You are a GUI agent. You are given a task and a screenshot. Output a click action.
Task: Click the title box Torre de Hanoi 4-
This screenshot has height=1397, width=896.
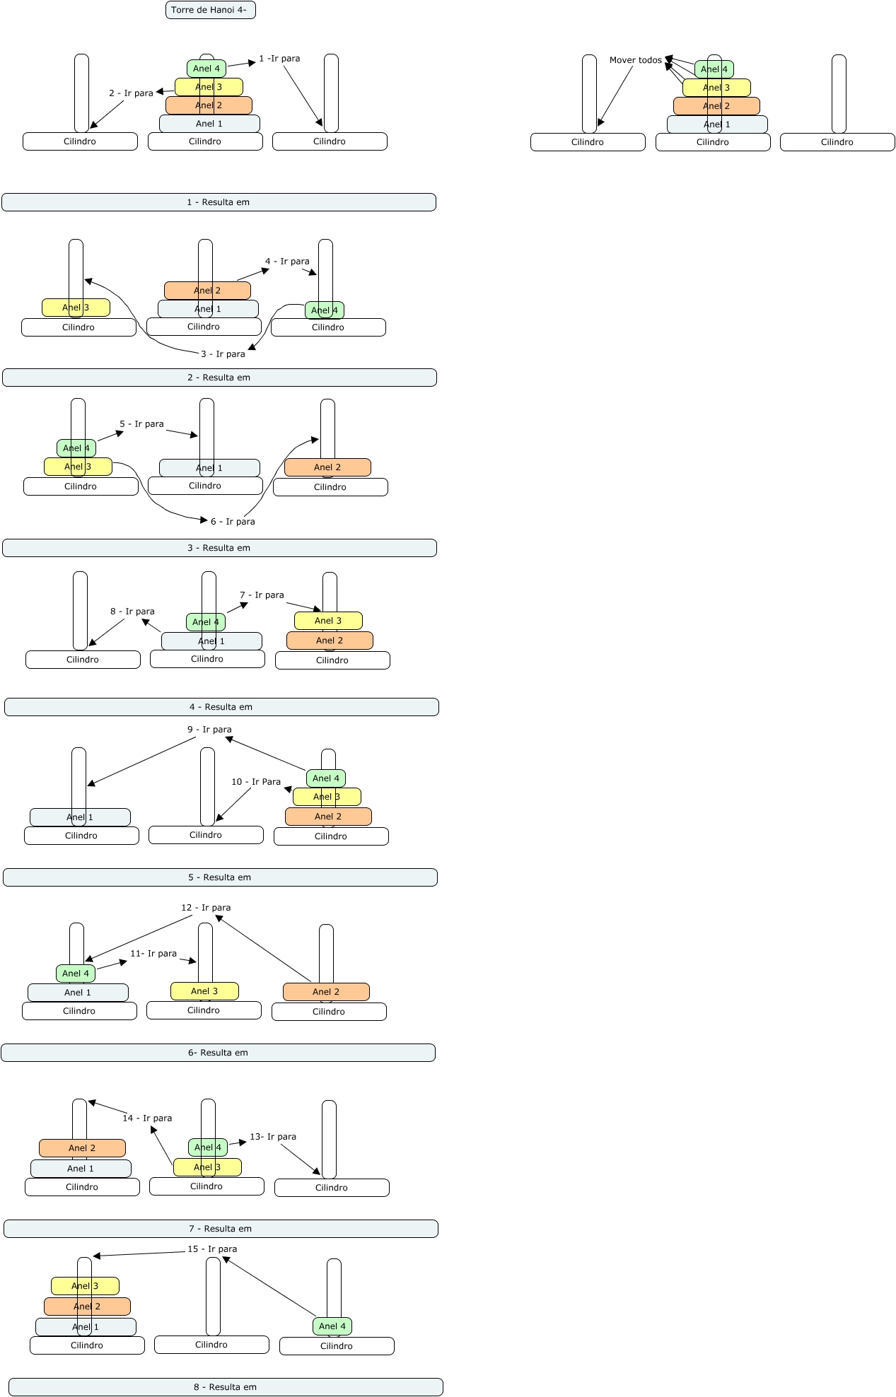click(x=210, y=10)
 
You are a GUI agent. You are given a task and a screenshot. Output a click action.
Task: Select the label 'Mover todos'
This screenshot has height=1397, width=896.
click(x=635, y=60)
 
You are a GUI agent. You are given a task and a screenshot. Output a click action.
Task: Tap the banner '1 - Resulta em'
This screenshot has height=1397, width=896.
click(x=219, y=202)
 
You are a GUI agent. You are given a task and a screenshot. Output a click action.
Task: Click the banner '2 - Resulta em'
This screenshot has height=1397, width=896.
click(x=219, y=378)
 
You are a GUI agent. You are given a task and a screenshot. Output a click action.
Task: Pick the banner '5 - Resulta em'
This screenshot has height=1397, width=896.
click(x=220, y=877)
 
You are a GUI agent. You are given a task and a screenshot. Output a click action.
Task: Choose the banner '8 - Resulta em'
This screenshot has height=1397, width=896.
click(x=226, y=1387)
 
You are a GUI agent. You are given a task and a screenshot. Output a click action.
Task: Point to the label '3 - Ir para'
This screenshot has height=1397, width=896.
click(x=223, y=354)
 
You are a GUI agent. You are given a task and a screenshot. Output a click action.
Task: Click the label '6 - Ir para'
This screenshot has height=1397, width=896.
click(x=233, y=522)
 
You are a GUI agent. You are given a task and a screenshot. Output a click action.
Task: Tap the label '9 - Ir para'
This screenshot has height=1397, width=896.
click(x=209, y=730)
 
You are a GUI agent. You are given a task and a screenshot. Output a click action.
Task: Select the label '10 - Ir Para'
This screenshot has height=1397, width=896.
click(x=256, y=782)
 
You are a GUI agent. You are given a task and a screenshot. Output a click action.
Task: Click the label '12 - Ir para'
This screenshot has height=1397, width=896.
click(x=206, y=908)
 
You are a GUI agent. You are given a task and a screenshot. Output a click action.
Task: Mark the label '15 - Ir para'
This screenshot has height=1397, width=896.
click(x=212, y=1249)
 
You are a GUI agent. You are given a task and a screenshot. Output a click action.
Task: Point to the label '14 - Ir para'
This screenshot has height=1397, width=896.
click(x=147, y=1118)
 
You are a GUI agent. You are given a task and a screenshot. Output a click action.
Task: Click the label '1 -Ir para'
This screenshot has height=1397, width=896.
click(x=279, y=59)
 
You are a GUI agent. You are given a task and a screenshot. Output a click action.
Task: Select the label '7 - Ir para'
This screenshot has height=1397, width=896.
click(x=262, y=595)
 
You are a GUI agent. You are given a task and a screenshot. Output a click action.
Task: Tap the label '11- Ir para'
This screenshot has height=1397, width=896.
click(x=153, y=954)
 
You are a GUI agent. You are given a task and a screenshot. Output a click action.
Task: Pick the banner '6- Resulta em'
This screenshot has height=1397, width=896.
click(x=218, y=1053)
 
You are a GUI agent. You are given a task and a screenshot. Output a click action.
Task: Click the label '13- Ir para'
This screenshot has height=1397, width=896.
click(x=273, y=1137)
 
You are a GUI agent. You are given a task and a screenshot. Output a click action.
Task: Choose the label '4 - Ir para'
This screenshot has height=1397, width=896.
click(x=287, y=262)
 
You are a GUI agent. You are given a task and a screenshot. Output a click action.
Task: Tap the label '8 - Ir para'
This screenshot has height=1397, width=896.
click(x=132, y=612)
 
